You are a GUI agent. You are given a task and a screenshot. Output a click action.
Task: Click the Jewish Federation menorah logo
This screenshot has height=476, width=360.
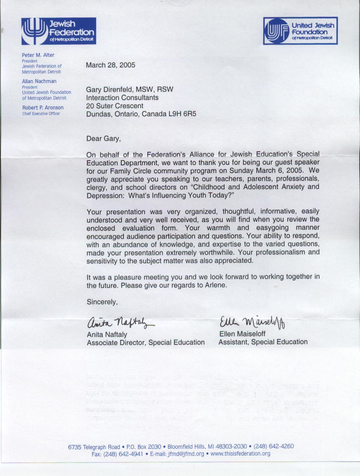36,31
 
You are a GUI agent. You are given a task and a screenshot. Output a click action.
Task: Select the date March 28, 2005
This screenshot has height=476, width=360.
111,65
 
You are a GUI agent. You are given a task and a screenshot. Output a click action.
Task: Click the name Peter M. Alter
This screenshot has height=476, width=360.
38,55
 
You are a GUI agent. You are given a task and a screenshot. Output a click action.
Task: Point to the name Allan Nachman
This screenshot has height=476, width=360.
39,81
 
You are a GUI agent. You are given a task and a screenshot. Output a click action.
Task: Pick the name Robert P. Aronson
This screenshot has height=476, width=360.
43,108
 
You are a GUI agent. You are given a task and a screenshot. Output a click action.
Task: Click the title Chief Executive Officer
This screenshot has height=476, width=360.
41,113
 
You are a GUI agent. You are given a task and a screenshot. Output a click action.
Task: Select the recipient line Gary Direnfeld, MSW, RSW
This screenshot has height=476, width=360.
130,89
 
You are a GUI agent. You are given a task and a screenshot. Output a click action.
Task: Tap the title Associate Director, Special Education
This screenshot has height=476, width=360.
146,342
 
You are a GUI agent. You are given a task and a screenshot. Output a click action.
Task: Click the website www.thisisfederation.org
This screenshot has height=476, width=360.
240,454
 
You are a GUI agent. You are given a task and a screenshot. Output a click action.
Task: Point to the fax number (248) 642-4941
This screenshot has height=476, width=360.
122,454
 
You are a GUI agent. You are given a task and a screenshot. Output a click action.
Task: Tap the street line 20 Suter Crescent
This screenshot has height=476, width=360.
115,106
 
